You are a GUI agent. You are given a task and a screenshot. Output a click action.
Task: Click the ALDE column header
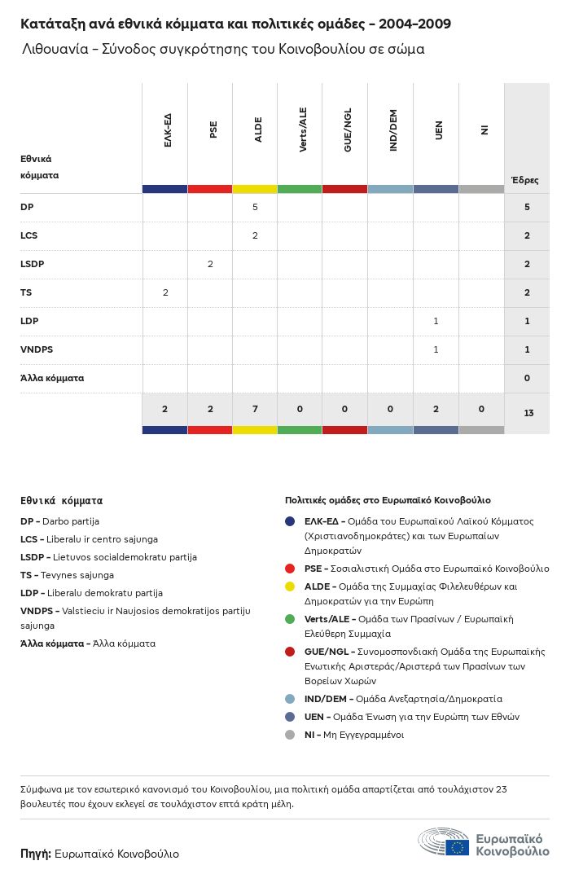click(x=258, y=130)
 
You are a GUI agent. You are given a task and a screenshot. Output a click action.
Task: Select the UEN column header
click(x=439, y=130)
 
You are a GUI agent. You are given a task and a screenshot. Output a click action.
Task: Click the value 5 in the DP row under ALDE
click(x=255, y=207)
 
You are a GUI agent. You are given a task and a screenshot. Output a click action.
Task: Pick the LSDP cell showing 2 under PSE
click(x=210, y=264)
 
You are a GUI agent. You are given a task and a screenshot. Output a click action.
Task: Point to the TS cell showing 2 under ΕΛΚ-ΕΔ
click(x=164, y=292)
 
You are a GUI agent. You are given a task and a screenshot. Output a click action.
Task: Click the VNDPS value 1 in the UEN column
click(x=436, y=349)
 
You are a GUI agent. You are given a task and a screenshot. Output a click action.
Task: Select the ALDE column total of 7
click(x=255, y=409)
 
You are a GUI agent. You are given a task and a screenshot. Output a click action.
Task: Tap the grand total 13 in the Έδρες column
click(x=528, y=414)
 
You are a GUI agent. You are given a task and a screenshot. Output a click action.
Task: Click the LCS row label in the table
click(x=29, y=235)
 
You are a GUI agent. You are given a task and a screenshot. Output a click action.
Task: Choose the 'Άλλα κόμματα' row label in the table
click(x=52, y=378)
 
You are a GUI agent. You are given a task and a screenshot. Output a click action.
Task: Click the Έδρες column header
click(x=524, y=180)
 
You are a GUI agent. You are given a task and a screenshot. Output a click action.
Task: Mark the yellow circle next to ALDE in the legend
click(x=290, y=586)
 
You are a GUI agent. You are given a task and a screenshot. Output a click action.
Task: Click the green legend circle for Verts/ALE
click(x=290, y=619)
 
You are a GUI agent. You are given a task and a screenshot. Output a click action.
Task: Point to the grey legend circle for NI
click(x=290, y=735)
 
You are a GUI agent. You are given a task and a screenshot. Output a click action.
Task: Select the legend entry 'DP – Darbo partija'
click(x=59, y=521)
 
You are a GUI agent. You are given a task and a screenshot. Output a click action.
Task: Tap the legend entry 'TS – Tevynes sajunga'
click(x=67, y=575)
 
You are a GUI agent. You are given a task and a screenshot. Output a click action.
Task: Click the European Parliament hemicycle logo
click(x=444, y=842)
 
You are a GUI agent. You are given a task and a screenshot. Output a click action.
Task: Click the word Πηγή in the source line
click(x=35, y=854)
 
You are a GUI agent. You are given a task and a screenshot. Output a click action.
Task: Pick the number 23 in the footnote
click(x=502, y=789)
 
